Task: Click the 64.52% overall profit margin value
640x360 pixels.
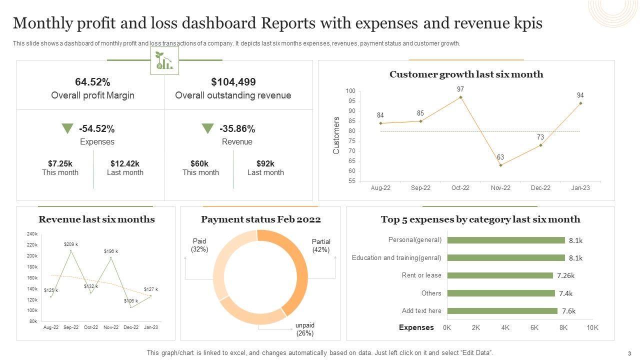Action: (92, 82)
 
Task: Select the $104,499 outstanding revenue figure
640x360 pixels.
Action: (233, 82)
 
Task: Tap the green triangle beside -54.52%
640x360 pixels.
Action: (67, 128)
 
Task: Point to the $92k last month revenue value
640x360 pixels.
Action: (265, 163)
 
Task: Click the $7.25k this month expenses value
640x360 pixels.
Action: (60, 163)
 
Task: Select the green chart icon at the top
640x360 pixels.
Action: (164, 60)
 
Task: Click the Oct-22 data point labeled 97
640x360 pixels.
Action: (460, 97)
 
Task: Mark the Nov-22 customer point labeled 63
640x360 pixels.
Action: (500, 165)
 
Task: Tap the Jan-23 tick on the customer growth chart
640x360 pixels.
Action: (580, 188)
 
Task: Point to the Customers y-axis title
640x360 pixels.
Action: (336, 135)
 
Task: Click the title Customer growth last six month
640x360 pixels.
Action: (466, 74)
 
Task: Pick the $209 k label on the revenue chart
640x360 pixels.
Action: (70, 244)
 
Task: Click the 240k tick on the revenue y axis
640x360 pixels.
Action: (32, 234)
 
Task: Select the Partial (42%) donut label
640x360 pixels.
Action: (321, 245)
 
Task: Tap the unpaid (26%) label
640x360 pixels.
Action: (305, 329)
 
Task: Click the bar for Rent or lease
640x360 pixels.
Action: (500, 275)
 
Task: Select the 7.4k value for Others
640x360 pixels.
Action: (565, 293)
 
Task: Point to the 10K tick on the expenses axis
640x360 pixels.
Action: (592, 327)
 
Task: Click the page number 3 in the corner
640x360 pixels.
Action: (629, 353)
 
